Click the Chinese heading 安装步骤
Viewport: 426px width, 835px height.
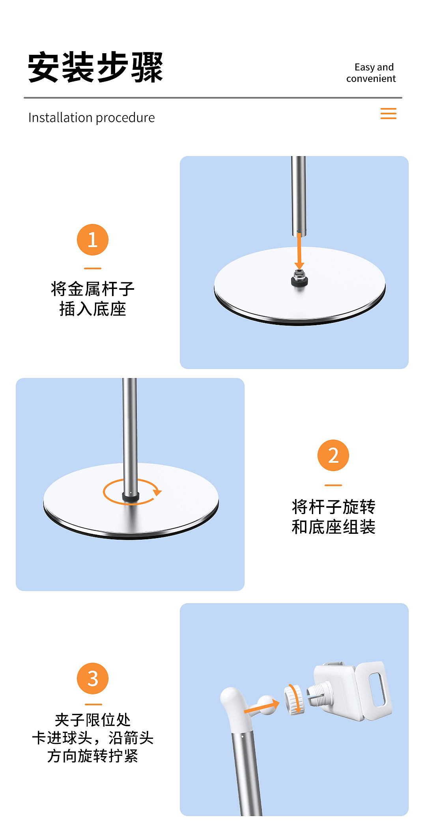pos(95,67)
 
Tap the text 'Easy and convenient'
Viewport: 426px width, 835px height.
pos(371,73)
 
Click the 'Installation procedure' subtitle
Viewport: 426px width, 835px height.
pos(92,117)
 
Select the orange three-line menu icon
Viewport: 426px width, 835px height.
pos(388,114)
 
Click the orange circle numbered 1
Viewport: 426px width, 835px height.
pos(93,240)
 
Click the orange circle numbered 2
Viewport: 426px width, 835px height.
pos(333,455)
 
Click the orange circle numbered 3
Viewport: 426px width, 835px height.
pos(93,678)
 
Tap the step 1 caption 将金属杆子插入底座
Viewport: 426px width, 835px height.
pos(93,299)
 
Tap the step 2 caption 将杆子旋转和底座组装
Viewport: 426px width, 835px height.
pos(333,516)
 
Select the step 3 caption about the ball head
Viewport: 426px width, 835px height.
pos(93,738)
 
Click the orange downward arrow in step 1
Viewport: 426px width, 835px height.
pos(299,251)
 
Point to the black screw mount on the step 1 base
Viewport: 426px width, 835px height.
pos(299,279)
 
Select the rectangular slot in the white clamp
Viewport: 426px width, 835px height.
pos(377,690)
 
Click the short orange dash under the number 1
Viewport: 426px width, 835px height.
pos(93,268)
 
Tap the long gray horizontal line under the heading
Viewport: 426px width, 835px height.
pos(213,97)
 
